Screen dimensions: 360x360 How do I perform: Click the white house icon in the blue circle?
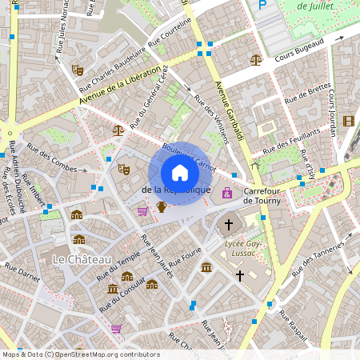coord(180,173)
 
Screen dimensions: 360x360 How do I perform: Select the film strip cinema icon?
coord(348,121)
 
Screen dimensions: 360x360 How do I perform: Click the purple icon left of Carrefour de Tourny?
coord(227,193)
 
